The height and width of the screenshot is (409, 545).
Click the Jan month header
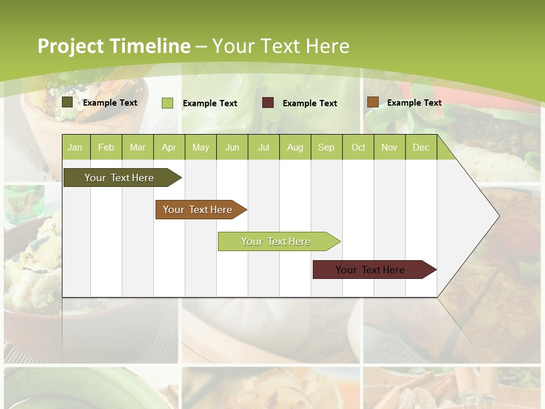(75, 148)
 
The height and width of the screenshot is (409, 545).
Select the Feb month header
(106, 148)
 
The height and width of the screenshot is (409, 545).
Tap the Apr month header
(169, 148)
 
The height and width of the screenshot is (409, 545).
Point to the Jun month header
(232, 148)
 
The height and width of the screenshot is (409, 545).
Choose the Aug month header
(295, 148)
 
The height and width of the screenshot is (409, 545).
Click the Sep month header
(326, 148)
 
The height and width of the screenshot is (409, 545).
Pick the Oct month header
(358, 148)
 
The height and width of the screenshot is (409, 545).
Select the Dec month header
(421, 148)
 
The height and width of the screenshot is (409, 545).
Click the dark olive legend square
(68, 102)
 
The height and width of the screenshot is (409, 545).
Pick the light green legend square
(167, 103)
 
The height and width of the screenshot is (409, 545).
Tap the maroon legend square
(268, 103)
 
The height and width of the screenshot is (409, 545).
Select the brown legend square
(372, 102)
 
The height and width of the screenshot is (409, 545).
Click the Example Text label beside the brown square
(414, 103)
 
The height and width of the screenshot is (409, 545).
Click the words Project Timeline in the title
(114, 46)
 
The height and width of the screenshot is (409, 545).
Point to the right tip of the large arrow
(498, 215)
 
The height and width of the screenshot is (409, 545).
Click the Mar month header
(137, 148)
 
